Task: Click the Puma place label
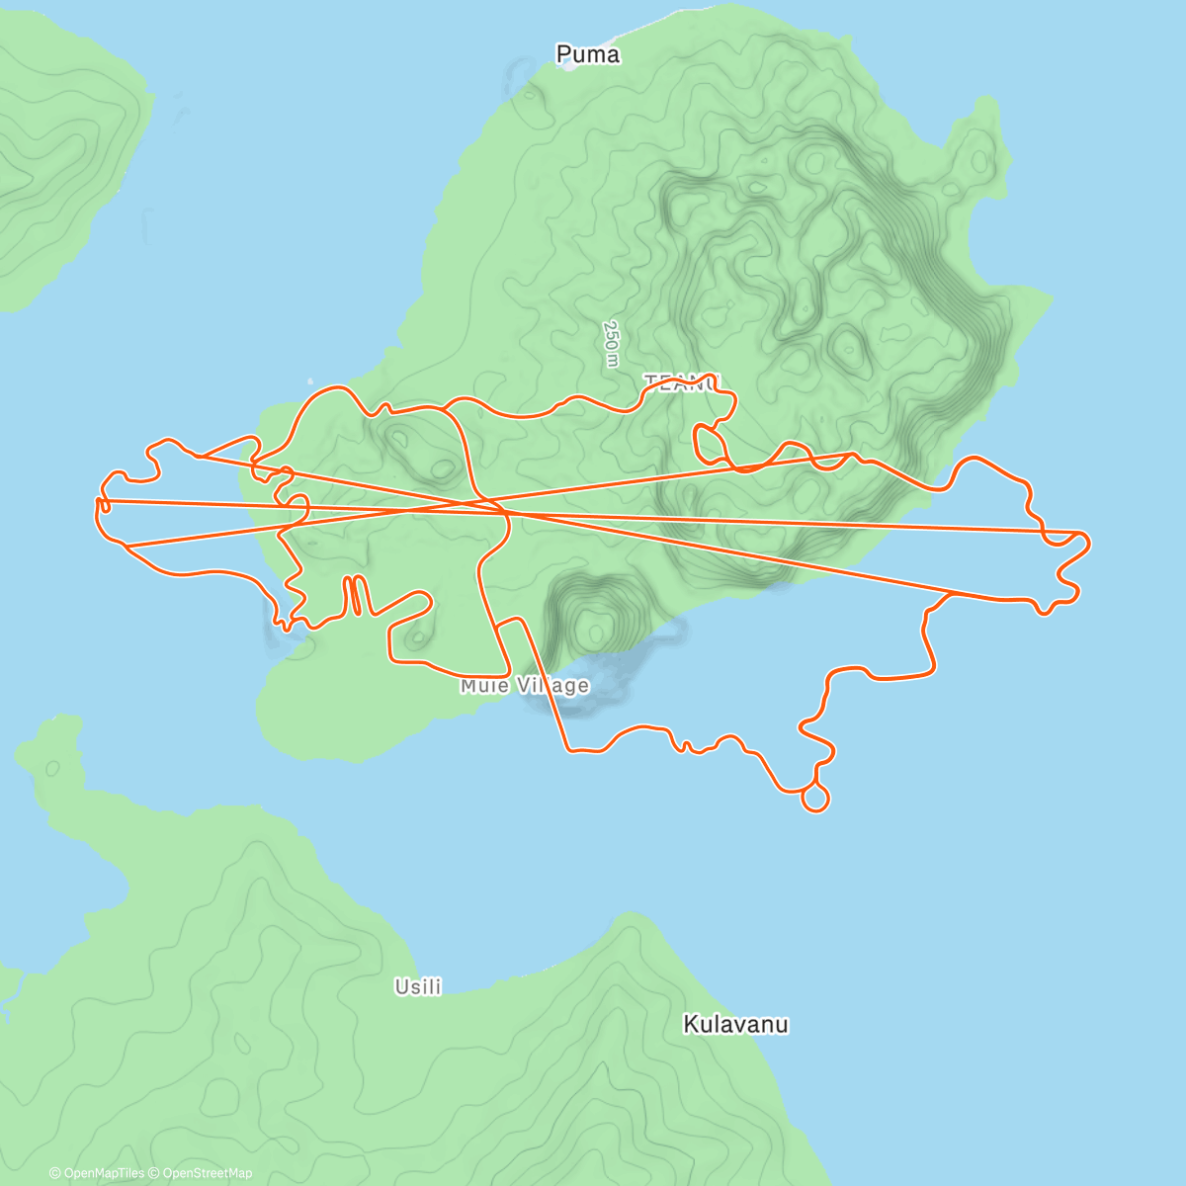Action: coord(588,54)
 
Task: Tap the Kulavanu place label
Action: coord(735,1024)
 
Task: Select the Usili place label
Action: coord(418,986)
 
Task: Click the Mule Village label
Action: coord(525,685)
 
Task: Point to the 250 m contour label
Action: coord(611,343)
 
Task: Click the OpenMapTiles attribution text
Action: coord(97,1173)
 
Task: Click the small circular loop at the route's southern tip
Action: coord(814,797)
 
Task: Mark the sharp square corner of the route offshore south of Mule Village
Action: coord(568,749)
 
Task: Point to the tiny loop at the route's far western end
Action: coord(103,506)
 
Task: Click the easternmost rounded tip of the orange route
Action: coord(1087,542)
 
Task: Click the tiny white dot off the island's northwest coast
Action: coord(309,379)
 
